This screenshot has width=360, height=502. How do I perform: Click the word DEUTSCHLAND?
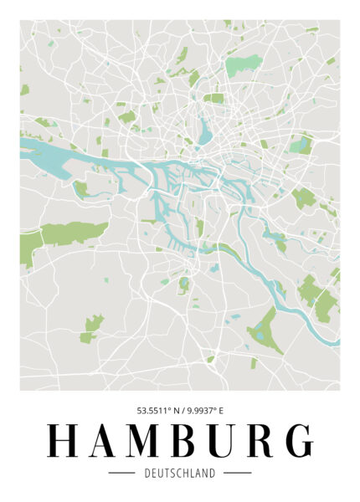pos(180,474)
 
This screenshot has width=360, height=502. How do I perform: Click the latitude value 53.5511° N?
pos(157,411)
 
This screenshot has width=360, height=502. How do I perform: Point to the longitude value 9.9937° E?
pos(204,411)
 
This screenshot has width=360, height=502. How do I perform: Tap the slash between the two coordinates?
pos(180,411)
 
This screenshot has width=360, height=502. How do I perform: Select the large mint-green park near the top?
pos(243,64)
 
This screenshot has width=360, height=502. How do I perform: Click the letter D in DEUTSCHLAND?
pos(147,474)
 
